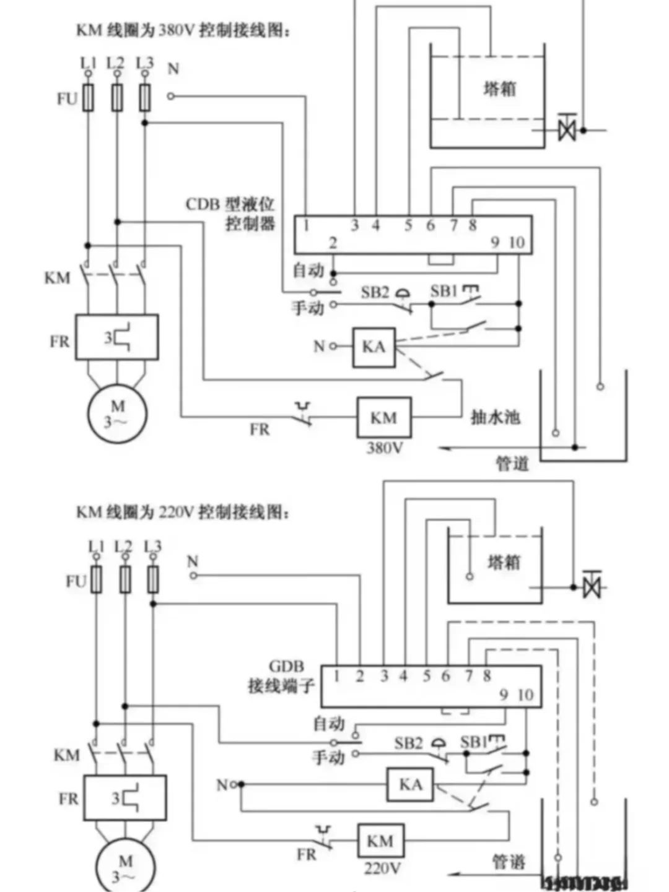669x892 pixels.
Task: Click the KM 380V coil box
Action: click(x=383, y=418)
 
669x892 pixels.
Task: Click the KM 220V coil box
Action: click(x=380, y=841)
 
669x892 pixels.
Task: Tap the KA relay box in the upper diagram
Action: click(x=374, y=347)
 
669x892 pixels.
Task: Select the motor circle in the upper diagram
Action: click(x=117, y=414)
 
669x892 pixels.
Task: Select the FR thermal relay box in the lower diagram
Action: click(x=125, y=798)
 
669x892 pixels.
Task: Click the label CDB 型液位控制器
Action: click(x=230, y=214)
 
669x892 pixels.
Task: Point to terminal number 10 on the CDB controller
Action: click(x=517, y=243)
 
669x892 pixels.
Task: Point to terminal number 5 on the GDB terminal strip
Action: click(x=426, y=676)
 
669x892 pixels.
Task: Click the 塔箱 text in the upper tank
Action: click(x=499, y=89)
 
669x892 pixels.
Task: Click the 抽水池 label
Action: click(x=495, y=417)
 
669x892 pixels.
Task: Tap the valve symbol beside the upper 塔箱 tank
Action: click(x=567, y=129)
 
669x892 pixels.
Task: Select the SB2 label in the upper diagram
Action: click(x=375, y=292)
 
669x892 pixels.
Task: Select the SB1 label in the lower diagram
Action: click(x=474, y=742)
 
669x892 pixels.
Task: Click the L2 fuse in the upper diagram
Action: click(x=116, y=98)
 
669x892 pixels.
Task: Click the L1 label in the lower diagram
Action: click(x=96, y=547)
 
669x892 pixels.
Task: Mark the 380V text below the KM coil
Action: click(x=384, y=448)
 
